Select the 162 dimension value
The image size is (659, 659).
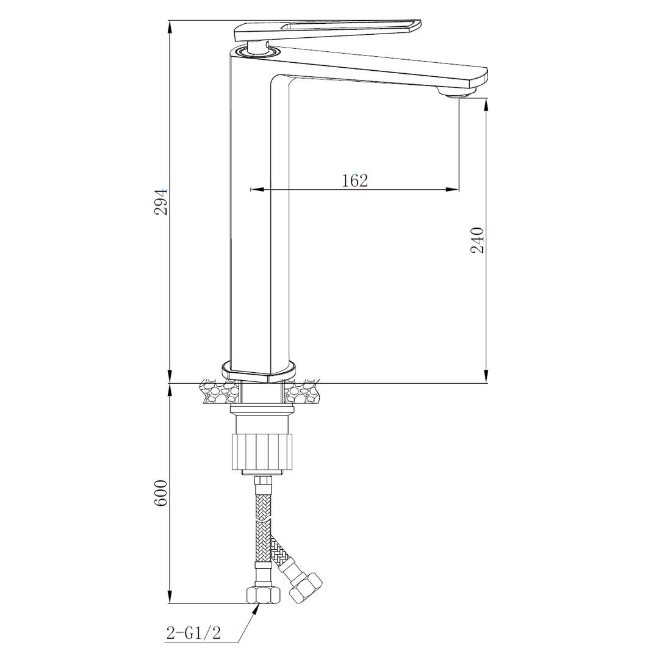tap(355, 181)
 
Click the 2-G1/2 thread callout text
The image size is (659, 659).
tap(192, 633)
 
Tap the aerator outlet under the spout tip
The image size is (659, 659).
tap(457, 93)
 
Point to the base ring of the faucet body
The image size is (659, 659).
tap(259, 370)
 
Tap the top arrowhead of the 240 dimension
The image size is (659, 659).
tap(486, 104)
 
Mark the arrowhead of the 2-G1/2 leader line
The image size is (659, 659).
tap(256, 609)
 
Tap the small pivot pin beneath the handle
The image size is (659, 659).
tap(267, 43)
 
